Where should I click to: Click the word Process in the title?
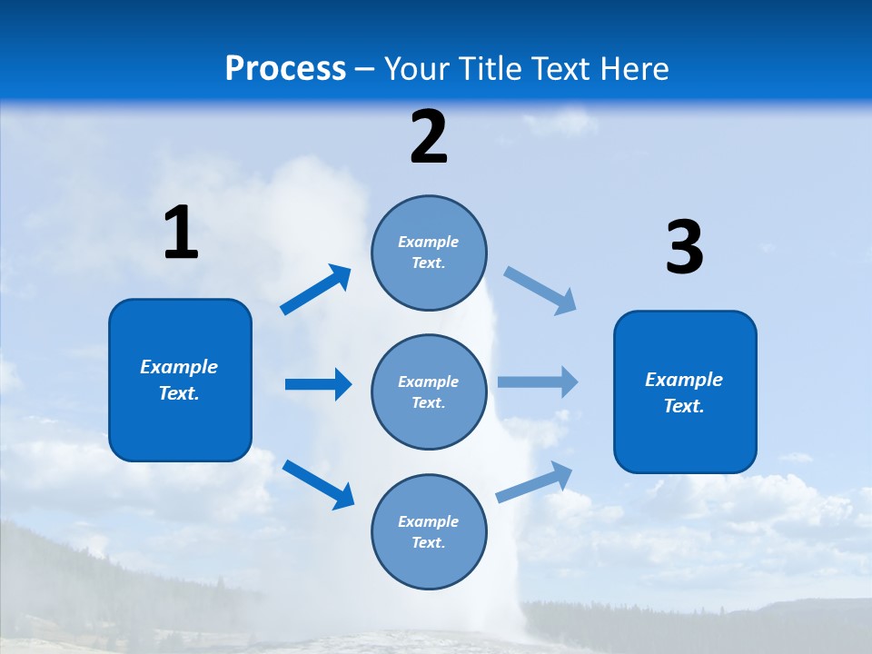pyautogui.click(x=285, y=69)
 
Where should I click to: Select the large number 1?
pyautogui.click(x=181, y=233)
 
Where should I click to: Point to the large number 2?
pyautogui.click(x=429, y=138)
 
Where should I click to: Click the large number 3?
pyautogui.click(x=684, y=248)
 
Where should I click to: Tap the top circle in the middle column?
pyautogui.click(x=429, y=253)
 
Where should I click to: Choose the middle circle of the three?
pyautogui.click(x=429, y=391)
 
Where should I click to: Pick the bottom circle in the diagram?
pyautogui.click(x=429, y=531)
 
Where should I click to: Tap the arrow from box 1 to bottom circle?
pyautogui.click(x=318, y=484)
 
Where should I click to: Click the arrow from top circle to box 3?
pyautogui.click(x=540, y=291)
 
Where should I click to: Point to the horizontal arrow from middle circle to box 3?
pyautogui.click(x=538, y=381)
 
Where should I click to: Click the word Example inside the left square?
pyautogui.click(x=179, y=367)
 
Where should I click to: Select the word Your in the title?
pyautogui.click(x=416, y=69)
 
